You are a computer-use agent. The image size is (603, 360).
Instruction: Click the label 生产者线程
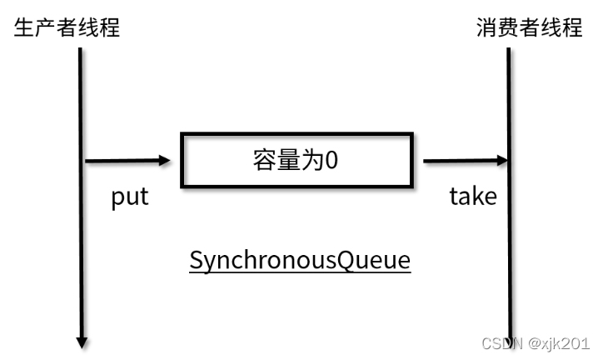coord(67,27)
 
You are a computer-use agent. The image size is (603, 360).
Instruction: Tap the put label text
coord(130,197)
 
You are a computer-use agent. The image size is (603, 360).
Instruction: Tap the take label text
coord(473,197)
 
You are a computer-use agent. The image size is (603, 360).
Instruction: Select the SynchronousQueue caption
coord(300,261)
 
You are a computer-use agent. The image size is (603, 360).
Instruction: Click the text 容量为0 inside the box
coord(297,160)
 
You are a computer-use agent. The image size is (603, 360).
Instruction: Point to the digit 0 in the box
coord(331,160)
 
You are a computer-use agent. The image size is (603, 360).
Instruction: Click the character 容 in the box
coord(265,160)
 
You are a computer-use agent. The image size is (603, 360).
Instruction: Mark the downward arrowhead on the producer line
coord(82,340)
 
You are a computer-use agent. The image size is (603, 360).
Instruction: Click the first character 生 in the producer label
coord(25,27)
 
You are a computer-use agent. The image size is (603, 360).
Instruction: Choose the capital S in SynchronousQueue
coord(197,261)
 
